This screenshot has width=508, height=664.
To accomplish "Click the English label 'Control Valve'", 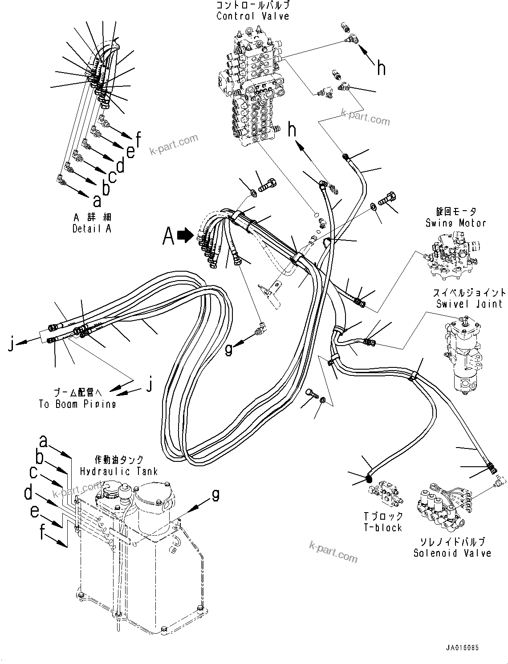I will tap(252, 16).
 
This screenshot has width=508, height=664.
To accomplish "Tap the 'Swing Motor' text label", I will tap(455, 223).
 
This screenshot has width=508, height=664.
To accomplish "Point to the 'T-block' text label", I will tap(382, 528).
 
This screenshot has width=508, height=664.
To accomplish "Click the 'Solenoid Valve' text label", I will tap(452, 553).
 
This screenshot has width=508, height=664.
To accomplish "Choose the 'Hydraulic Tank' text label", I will tap(118, 471).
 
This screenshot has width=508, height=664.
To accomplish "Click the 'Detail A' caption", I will tap(92, 228).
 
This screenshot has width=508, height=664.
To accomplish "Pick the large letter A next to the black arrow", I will tap(168, 236).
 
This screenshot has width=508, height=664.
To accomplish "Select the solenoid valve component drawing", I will tap(439, 505).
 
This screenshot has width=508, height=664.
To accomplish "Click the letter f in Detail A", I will tap(138, 140).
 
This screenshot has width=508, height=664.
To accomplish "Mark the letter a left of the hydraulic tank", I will tap(43, 441).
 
